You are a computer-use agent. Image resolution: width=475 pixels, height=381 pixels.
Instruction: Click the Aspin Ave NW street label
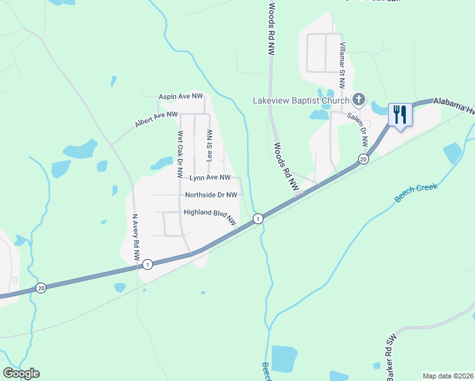[x=180, y=96]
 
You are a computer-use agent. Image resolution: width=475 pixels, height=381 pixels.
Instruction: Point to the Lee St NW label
[x=209, y=144]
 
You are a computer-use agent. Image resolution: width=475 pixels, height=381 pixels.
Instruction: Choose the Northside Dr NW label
[x=211, y=195]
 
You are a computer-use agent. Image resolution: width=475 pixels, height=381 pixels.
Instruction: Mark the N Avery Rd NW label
[x=135, y=237]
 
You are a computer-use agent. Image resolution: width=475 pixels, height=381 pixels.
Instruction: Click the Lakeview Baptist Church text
[x=301, y=100]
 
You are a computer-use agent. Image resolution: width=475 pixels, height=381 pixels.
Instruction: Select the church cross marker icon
[x=359, y=99]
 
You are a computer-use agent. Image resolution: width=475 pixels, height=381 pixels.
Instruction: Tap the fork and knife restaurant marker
[x=399, y=115]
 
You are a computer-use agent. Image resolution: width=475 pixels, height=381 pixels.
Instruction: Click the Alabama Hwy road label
[x=453, y=105]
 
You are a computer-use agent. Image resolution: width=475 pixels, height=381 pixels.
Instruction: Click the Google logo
[x=21, y=373]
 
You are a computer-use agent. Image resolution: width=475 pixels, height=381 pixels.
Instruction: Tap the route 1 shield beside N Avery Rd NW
[x=147, y=264]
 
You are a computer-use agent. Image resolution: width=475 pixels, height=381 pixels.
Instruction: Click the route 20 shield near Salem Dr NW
[x=363, y=159]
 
